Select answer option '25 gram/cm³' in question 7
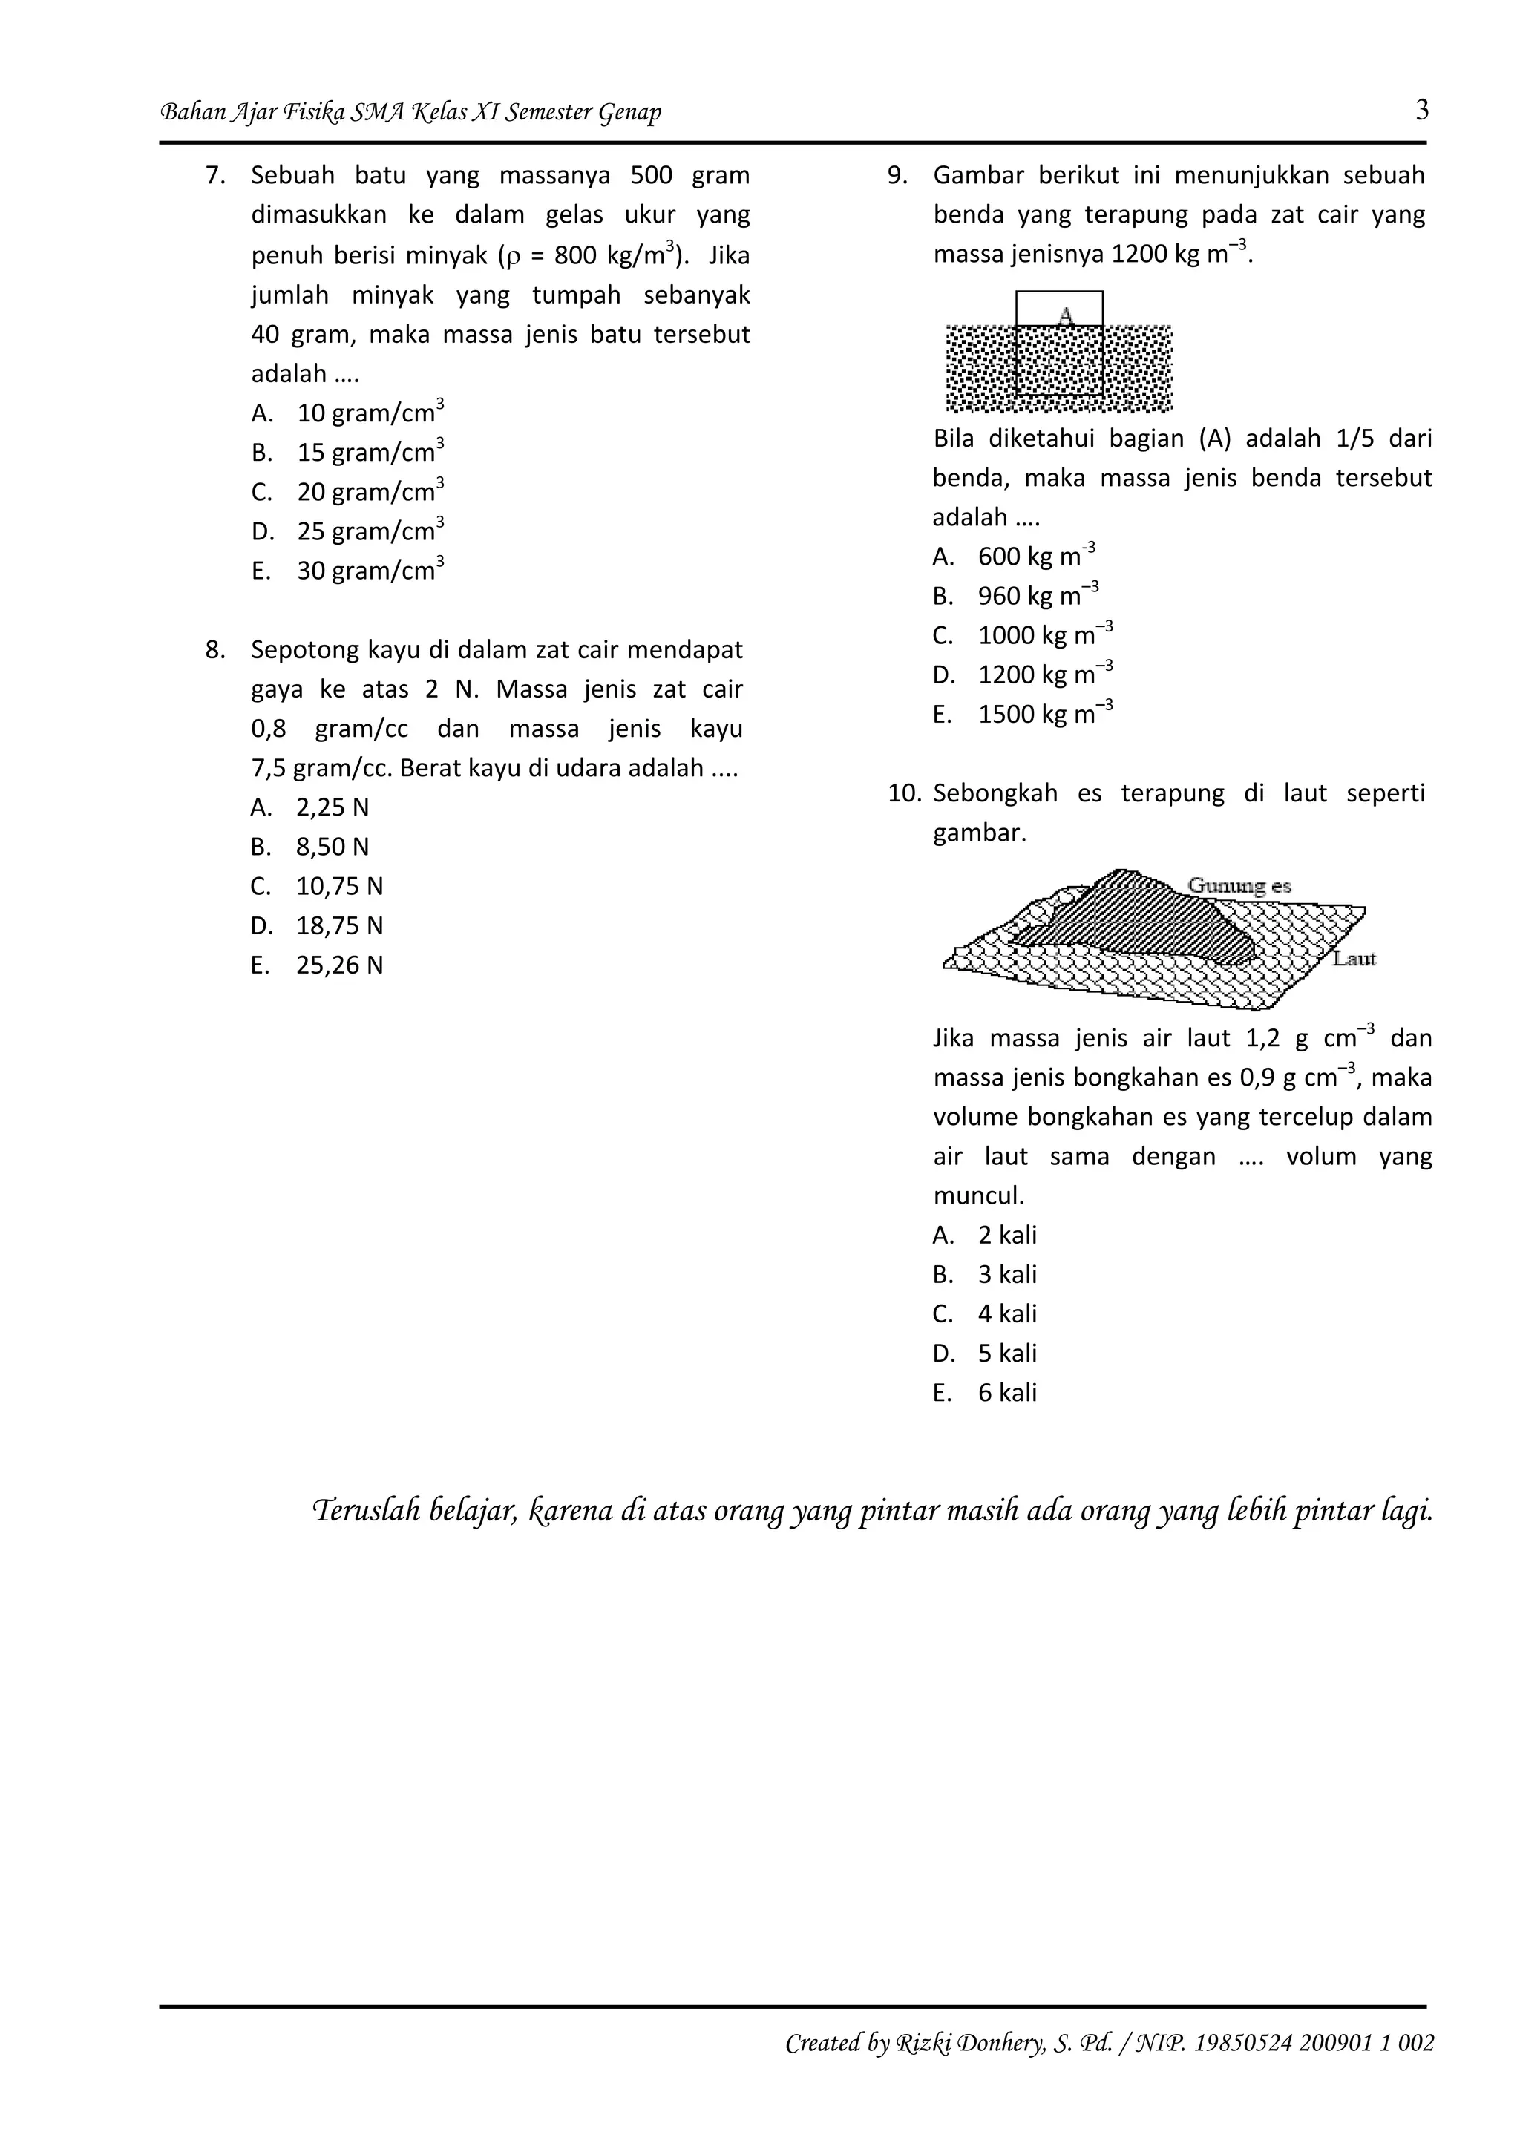370,531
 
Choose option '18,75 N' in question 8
339,925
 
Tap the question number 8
215,649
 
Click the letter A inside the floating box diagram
1065,315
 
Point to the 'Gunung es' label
1239,885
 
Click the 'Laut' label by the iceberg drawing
1354,959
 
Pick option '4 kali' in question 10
1007,1313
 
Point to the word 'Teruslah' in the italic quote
366,1510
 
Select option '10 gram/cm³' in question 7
370,413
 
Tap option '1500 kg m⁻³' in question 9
1044,714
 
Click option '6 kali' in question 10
1007,1392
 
